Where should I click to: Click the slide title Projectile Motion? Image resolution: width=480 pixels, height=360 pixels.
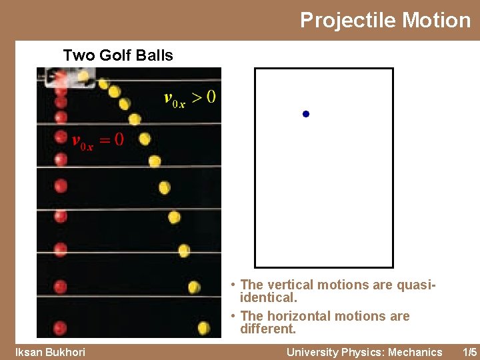click(x=385, y=20)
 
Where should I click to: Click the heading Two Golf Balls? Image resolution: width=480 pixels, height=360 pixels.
click(x=118, y=55)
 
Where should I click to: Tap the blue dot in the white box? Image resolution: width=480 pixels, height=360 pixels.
click(x=305, y=115)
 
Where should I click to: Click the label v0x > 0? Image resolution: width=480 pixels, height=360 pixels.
click(x=189, y=98)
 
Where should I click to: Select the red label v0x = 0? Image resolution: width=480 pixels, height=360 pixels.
click(x=97, y=140)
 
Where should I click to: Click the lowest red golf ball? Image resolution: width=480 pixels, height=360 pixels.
click(x=60, y=327)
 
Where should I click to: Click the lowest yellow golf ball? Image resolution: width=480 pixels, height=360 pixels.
click(x=204, y=327)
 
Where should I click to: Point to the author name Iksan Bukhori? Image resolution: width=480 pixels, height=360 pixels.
click(x=50, y=352)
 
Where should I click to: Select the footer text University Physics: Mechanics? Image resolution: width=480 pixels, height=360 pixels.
click(x=364, y=352)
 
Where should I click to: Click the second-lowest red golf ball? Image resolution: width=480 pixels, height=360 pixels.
click(x=60, y=287)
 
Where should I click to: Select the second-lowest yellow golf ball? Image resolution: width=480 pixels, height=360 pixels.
click(x=194, y=287)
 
